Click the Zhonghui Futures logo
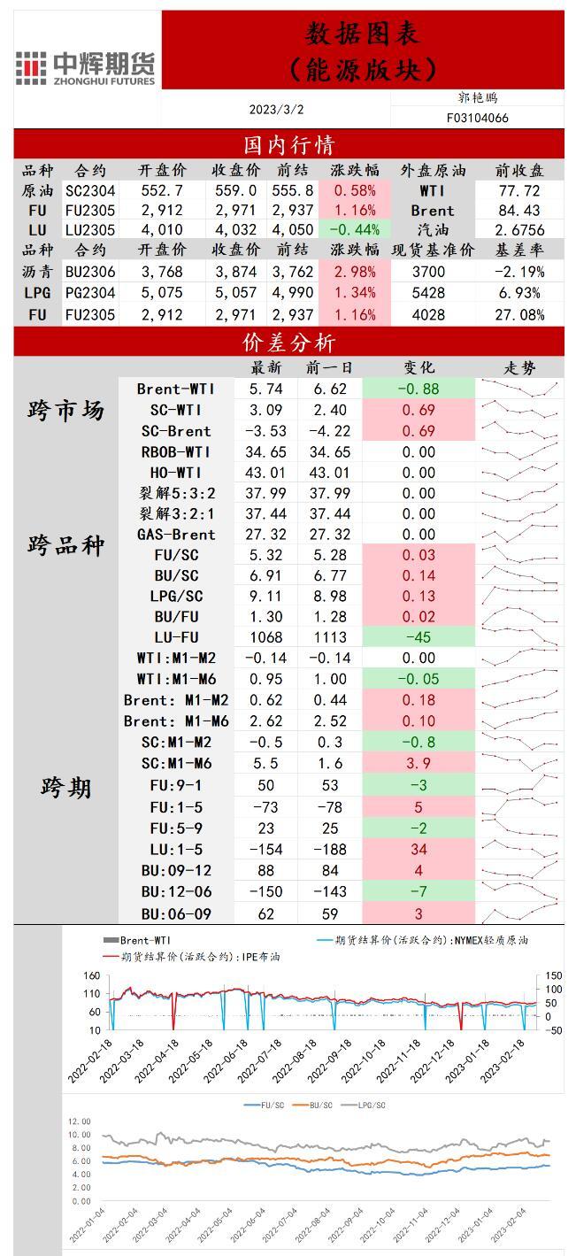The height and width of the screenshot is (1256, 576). click(x=86, y=67)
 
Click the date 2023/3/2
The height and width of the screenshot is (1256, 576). click(x=276, y=110)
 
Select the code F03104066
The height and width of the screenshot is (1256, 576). click(x=477, y=118)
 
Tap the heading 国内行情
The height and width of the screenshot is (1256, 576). click(x=288, y=144)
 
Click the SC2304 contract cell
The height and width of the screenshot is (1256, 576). click(x=90, y=190)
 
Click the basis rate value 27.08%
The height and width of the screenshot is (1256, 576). click(x=518, y=314)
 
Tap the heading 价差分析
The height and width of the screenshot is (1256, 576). click(x=288, y=343)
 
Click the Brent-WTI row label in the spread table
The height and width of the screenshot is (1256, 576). click(x=176, y=389)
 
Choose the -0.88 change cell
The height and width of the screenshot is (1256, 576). click(x=419, y=389)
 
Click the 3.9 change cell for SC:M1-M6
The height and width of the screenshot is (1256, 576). click(x=419, y=763)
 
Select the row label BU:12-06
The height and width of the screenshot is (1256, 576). click(x=176, y=891)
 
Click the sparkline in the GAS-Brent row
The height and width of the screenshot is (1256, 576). click(x=518, y=535)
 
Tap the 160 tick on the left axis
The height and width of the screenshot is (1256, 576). click(x=91, y=976)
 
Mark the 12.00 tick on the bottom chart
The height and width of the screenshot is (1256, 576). click(x=79, y=1121)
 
